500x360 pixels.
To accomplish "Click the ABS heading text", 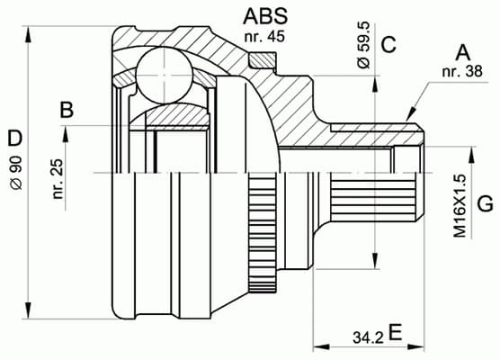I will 266,16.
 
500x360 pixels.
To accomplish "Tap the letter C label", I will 388,43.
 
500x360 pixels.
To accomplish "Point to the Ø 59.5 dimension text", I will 362,50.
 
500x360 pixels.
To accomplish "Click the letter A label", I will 464,51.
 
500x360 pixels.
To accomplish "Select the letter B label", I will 65,111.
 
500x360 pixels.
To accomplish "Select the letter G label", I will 485,204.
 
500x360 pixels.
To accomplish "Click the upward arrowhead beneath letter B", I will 65,133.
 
